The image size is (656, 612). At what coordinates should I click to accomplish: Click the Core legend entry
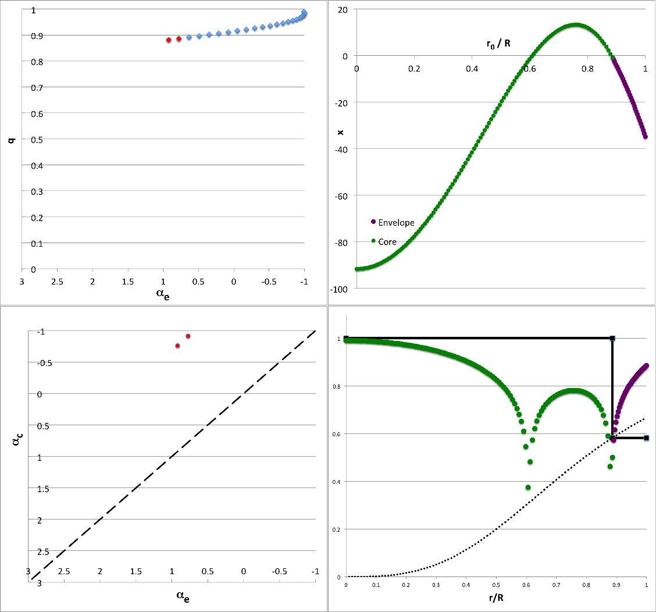[x=387, y=241]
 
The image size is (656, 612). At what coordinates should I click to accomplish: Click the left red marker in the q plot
[x=169, y=40]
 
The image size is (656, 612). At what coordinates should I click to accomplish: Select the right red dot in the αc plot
[x=188, y=336]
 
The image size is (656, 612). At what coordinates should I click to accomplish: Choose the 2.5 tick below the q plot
[x=57, y=281]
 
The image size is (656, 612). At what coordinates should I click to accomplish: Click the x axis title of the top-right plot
[x=340, y=133]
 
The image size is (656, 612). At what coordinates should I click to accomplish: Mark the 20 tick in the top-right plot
[x=342, y=10]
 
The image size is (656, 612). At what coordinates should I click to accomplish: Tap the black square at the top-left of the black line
[x=346, y=338]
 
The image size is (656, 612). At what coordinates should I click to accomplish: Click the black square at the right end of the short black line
[x=646, y=437]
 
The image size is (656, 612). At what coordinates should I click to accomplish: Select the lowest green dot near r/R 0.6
[x=354, y=488]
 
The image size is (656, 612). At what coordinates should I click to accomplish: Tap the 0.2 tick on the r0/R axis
[x=414, y=68]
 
